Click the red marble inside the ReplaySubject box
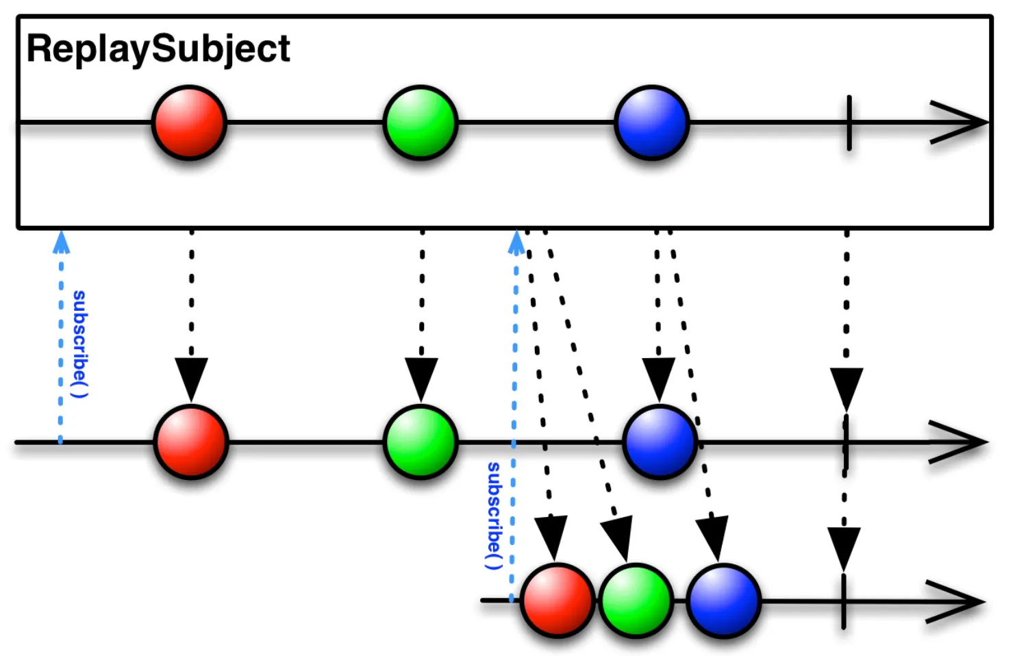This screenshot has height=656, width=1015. coord(189,123)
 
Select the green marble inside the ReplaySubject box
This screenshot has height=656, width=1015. coord(421,123)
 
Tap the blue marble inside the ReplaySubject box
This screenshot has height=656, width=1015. coord(652,123)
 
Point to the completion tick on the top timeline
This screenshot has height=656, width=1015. coord(849,123)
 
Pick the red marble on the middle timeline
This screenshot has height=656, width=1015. coord(191,442)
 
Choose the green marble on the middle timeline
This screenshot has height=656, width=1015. coord(421,442)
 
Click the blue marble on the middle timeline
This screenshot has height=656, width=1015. coord(660,442)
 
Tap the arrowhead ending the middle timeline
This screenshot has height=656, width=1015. coord(959,442)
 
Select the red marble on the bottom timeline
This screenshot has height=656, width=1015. coord(557,601)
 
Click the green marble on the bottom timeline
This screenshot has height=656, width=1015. coord(636,601)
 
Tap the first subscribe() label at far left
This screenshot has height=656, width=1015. coord(79,344)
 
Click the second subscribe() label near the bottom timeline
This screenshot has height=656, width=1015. coord(494,516)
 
